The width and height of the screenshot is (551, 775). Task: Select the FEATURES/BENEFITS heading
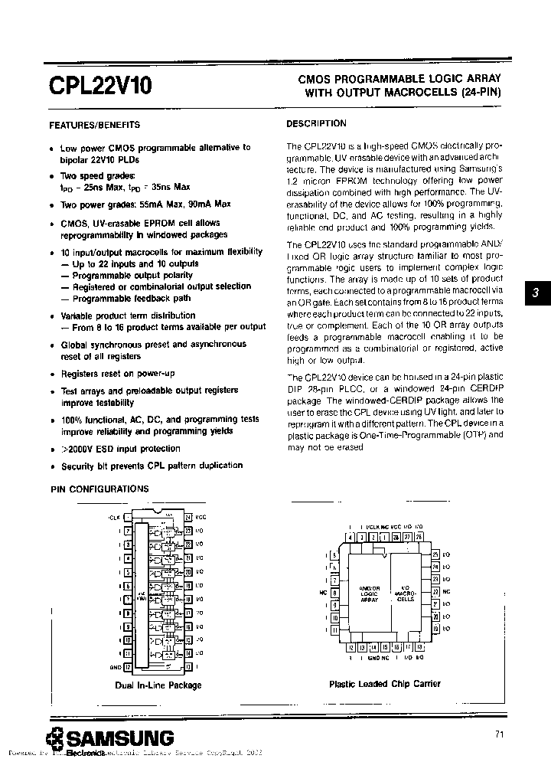[x=94, y=125]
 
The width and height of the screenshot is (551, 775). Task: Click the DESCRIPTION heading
[x=316, y=123]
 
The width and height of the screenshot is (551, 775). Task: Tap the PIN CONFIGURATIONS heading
[x=99, y=489]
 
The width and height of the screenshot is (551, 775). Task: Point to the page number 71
[x=499, y=734]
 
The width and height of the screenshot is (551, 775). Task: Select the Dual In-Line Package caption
[x=158, y=685]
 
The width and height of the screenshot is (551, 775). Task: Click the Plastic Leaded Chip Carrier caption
[x=384, y=684]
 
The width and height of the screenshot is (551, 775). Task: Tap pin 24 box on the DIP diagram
[x=187, y=517]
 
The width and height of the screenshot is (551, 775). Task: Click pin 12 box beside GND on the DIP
[x=128, y=667]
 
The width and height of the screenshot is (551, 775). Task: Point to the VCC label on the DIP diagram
[x=201, y=517]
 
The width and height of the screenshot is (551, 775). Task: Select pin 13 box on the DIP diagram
[x=187, y=667]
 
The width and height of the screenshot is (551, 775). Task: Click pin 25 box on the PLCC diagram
[x=435, y=553]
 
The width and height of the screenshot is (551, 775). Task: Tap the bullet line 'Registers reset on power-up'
[x=118, y=374]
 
